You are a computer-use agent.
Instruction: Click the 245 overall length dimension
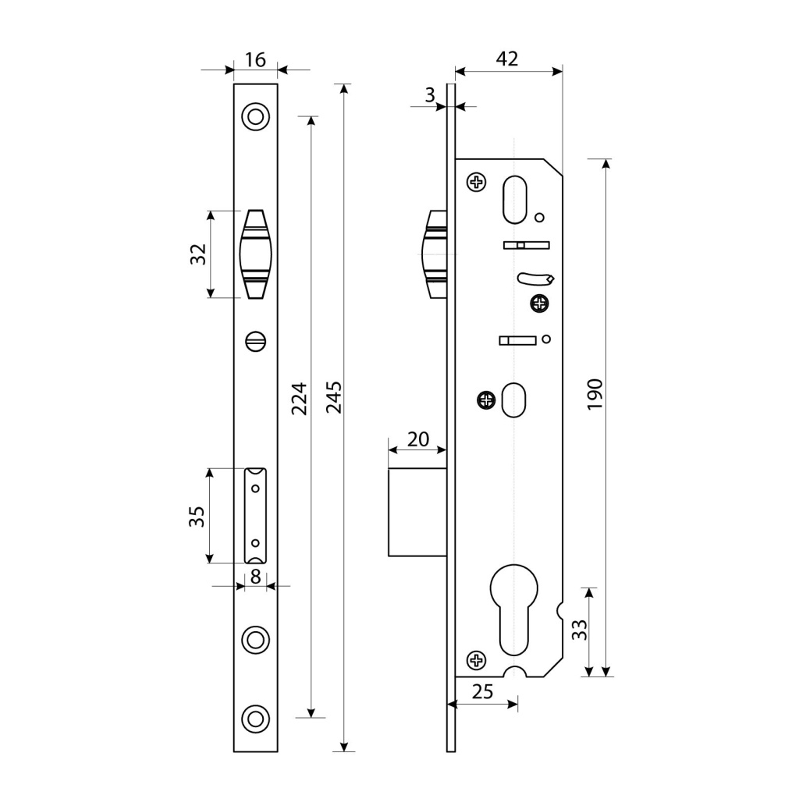pos(333,397)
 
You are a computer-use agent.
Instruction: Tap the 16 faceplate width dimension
pos(255,59)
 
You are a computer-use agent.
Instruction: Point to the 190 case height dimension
pos(595,394)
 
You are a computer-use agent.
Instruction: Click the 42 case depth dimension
pos(507,59)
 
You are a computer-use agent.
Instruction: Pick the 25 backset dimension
pos(484,691)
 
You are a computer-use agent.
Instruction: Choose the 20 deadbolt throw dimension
pos(418,439)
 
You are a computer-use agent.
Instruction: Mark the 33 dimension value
pos(579,630)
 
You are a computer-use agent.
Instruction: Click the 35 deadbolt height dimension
pos(197,516)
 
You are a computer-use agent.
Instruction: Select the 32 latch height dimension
pos(198,254)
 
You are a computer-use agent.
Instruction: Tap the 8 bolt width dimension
pos(255,577)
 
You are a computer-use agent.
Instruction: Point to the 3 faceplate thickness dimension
pos(430,95)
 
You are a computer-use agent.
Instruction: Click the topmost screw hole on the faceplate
pos(255,116)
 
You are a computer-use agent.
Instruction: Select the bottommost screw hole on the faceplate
pos(255,719)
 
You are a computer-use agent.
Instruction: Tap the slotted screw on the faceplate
pos(255,340)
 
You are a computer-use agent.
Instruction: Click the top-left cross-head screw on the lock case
pos(476,183)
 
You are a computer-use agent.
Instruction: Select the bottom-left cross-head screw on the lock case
pos(476,660)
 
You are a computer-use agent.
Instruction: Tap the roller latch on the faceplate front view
pos(255,254)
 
